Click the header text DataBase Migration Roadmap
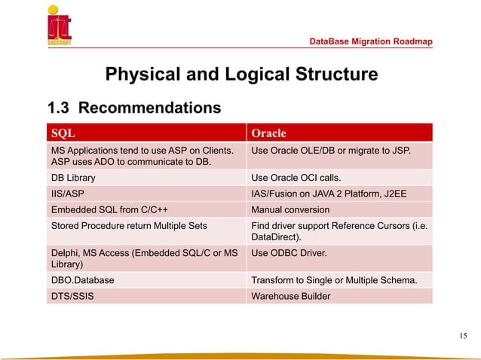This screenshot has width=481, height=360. [x=372, y=41]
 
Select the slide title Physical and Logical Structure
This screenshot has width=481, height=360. [x=241, y=75]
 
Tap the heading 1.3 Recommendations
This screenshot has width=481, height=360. [x=135, y=108]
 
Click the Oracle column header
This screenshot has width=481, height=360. [x=268, y=133]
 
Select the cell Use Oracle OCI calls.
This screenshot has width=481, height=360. [x=296, y=178]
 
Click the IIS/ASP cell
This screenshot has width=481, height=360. [x=66, y=193]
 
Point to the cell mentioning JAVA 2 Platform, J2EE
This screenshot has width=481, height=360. [x=329, y=193]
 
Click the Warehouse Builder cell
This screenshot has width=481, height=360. [x=290, y=296]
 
